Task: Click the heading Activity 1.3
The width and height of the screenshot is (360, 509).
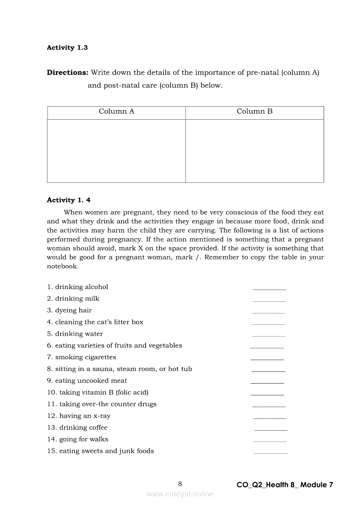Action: tap(67, 48)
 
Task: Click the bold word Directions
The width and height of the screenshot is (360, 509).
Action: tap(68, 73)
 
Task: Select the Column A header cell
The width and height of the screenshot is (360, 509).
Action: tap(116, 111)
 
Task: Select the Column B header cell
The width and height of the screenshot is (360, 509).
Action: tap(255, 111)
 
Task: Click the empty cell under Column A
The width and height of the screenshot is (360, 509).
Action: tap(116, 151)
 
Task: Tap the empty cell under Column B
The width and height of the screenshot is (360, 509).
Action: tap(255, 151)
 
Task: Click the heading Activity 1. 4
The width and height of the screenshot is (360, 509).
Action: tap(68, 200)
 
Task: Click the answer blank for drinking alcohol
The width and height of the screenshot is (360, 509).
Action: tap(269, 288)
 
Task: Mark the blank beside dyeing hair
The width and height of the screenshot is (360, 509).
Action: tap(268, 312)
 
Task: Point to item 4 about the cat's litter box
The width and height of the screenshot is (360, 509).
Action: tap(95, 322)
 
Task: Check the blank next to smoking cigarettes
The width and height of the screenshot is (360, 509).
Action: tap(267, 359)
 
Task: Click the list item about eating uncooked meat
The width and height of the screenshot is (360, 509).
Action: tap(87, 381)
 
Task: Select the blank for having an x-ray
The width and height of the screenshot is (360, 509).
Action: tap(269, 418)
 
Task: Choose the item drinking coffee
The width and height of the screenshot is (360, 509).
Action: tap(77, 428)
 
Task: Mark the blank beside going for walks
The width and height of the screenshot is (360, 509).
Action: tap(269, 441)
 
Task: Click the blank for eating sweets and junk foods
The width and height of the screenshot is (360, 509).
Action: tap(270, 453)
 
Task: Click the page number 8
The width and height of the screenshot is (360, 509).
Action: tap(180, 484)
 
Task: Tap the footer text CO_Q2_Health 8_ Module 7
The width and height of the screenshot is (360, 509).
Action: tap(285, 485)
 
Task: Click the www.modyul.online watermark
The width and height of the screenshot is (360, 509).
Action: tap(180, 494)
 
